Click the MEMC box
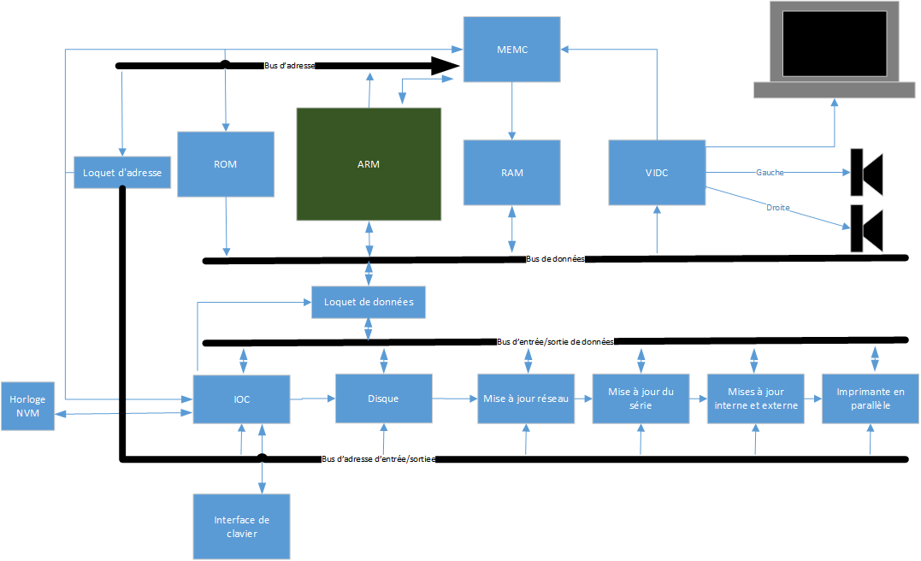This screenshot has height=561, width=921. pyautogui.click(x=512, y=50)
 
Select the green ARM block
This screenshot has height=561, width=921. pyautogui.click(x=368, y=163)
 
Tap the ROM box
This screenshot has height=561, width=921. pyautogui.click(x=226, y=163)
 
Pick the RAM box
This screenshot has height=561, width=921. pyautogui.click(x=512, y=172)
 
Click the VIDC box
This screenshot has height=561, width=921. pyautogui.click(x=657, y=172)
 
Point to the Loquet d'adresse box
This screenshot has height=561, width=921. pyautogui.click(x=121, y=173)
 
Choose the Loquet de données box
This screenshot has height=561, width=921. pyautogui.click(x=369, y=302)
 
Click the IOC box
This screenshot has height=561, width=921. pyautogui.click(x=241, y=399)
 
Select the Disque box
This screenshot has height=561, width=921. pyautogui.click(x=383, y=399)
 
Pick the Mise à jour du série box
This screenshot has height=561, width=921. pyautogui.click(x=641, y=399)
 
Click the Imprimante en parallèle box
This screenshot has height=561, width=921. pyautogui.click(x=870, y=399)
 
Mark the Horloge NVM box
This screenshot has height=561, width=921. pyautogui.click(x=27, y=405)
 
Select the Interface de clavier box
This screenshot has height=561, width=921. pyautogui.click(x=241, y=526)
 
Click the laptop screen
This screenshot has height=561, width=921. pyautogui.click(x=834, y=42)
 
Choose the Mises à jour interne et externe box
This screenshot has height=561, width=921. pyautogui.click(x=756, y=399)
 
